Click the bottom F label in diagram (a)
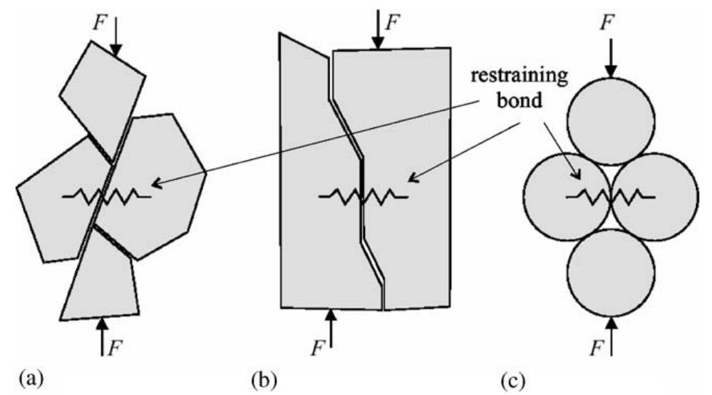[x=116, y=342]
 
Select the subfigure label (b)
[x=264, y=380]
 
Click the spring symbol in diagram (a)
[x=106, y=197]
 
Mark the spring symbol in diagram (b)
[x=363, y=197]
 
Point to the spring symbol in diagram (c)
[x=610, y=197]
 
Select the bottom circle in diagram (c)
[x=610, y=272]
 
